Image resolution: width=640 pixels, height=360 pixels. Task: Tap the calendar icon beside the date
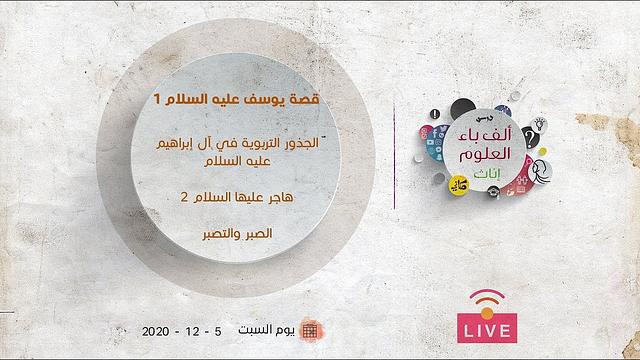pos(310,329)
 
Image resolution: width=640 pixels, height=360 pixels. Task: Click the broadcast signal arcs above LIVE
pos(486,301)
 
